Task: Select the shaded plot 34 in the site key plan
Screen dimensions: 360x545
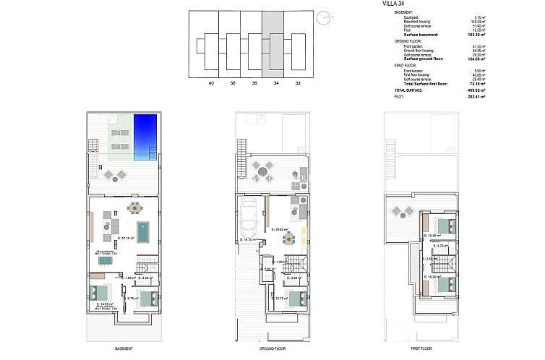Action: [273, 45]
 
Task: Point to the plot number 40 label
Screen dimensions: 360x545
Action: [211, 83]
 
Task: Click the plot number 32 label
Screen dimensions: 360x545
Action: [297, 83]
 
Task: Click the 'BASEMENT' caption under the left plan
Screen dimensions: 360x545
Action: [124, 348]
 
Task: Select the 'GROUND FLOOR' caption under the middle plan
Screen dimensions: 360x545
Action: [273, 348]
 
